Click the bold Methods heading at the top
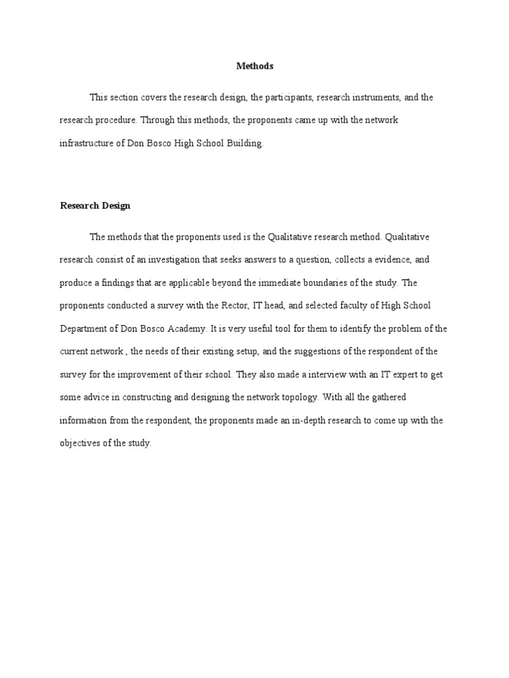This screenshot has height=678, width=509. [254, 66]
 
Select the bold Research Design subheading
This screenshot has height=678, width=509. [95, 205]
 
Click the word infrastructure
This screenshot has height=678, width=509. [87, 144]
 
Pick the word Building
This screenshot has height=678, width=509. [246, 144]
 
